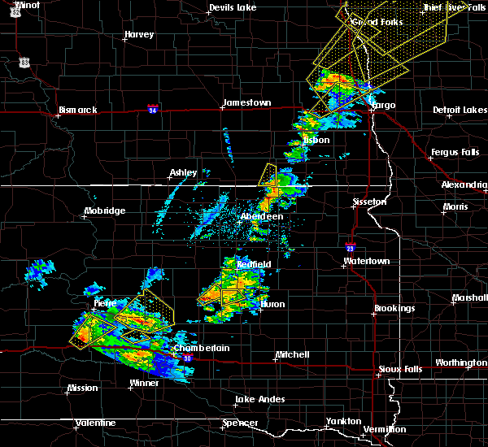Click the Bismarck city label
tap(78, 110)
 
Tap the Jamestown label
tap(246, 103)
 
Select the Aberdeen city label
tap(262, 217)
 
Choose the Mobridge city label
tap(104, 211)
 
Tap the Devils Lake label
tap(233, 7)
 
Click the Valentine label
tap(95, 423)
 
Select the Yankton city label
tap(343, 421)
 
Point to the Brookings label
tap(394, 309)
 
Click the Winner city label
tap(145, 383)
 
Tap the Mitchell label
tap(292, 355)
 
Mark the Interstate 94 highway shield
tap(153, 107)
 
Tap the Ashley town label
tap(183, 173)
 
